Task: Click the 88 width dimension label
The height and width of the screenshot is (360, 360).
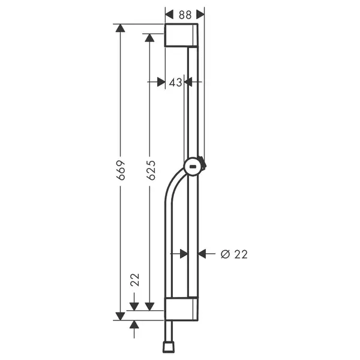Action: coord(185,15)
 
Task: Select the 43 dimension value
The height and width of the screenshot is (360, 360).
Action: coord(175,82)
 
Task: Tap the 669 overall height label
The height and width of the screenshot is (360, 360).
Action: coord(121,170)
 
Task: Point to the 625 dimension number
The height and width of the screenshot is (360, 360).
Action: coord(151,170)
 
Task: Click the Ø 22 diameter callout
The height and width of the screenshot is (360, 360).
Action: coord(234,254)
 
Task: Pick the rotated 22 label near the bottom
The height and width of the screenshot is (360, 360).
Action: coord(135,280)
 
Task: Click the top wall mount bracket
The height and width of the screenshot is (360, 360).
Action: coord(181,35)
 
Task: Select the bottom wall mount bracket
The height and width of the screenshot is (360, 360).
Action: coord(181,309)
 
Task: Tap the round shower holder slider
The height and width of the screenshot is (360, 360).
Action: coord(193,167)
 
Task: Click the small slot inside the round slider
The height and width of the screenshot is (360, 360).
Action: coord(193,167)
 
